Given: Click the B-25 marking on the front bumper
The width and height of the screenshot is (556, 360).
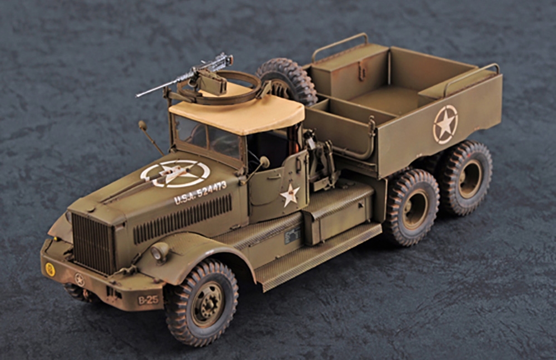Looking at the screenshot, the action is tap(148, 300).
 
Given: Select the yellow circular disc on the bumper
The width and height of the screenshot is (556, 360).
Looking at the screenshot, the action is tap(51, 269).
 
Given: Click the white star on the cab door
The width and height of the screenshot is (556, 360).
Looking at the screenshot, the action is tap(290, 195).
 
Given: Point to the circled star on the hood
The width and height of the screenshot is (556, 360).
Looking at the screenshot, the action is tap(175, 173).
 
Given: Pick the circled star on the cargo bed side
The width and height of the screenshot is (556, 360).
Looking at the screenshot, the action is tap(445, 125).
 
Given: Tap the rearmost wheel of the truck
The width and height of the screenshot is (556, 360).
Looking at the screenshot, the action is tap(465, 177).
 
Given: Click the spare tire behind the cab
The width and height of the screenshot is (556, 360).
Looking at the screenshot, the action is tap(288, 81).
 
